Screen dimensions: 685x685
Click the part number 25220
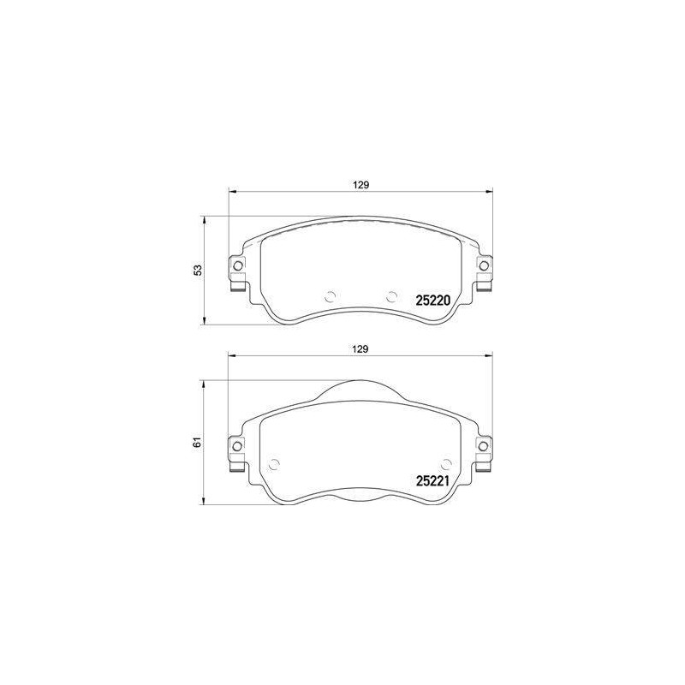[x=432, y=301]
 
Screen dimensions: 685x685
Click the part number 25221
[x=432, y=481]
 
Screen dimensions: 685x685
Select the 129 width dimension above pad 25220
[x=360, y=185]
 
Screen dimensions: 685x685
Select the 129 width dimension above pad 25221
[x=360, y=349]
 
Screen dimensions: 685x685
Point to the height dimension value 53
[x=199, y=270]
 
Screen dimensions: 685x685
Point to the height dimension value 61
[x=199, y=442]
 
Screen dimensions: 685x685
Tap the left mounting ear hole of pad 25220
[x=237, y=265]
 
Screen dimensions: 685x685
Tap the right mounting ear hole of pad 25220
[x=484, y=265]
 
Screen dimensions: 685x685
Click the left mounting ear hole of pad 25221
[x=237, y=446]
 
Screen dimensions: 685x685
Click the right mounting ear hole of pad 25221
[x=484, y=446]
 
